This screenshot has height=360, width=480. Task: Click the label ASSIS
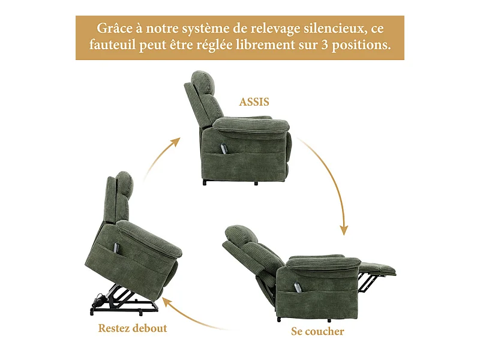pos(254,101)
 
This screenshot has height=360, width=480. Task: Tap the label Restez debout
pos(133,328)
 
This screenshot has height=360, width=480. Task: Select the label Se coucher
pos(317,331)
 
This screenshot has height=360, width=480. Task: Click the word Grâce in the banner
pos(115,28)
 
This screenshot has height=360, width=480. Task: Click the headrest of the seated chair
pos(202,82)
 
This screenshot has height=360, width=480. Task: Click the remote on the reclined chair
pos(296,287)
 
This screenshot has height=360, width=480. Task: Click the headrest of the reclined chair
pos(240,234)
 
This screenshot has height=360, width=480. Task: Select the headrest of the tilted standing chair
pos(124,183)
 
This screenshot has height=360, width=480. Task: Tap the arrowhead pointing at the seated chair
pos(175,142)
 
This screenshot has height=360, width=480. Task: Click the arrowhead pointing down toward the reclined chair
pos(344,230)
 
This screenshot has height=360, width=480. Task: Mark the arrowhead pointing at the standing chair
pos(166,302)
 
